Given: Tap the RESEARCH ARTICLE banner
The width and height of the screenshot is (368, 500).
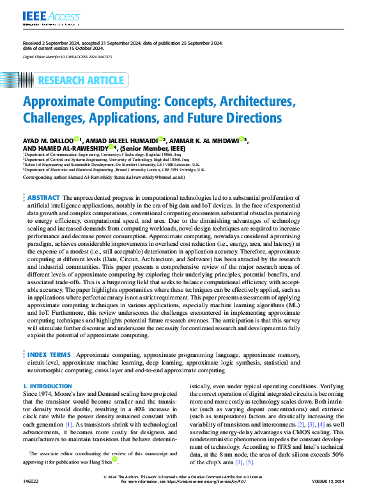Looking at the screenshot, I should (81, 80).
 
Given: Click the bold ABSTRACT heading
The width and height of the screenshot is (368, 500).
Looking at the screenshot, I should (44, 199).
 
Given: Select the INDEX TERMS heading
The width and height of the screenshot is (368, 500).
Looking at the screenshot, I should (49, 354).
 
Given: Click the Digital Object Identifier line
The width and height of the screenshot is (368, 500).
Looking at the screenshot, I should (67, 57).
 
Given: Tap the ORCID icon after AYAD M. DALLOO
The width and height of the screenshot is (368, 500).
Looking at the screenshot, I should (76, 138).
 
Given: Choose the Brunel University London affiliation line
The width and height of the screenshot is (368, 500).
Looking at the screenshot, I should (114, 170).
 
